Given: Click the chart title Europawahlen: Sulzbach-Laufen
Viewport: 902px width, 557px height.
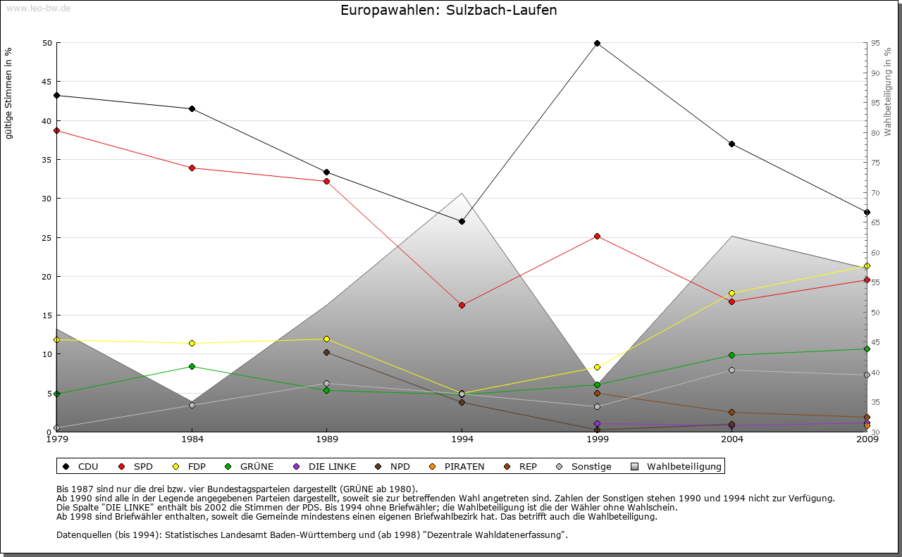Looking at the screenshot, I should coord(448,11).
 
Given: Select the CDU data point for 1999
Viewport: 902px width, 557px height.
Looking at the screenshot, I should coord(597,43).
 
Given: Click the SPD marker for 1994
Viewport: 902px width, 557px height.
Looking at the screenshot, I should coord(462,305).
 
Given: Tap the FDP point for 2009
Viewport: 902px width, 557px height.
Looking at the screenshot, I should coord(867,265).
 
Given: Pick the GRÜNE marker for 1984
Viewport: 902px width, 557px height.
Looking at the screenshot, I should coord(192,366).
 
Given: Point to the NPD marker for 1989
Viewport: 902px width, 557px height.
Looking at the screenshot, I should coord(326,352).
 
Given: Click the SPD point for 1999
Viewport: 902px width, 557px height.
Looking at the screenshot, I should coord(597,236).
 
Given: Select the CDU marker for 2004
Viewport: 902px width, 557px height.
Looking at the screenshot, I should coord(732,144).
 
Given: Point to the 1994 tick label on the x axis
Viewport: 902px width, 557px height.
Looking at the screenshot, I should coord(462,440).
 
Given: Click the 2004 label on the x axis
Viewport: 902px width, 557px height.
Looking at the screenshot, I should coord(732,440).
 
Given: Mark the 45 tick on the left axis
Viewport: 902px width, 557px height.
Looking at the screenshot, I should coord(47,82).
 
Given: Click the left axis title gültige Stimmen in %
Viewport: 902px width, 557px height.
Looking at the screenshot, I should coord(8,93).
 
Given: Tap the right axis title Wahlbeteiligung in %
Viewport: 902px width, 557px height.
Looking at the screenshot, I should coord(888,92).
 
